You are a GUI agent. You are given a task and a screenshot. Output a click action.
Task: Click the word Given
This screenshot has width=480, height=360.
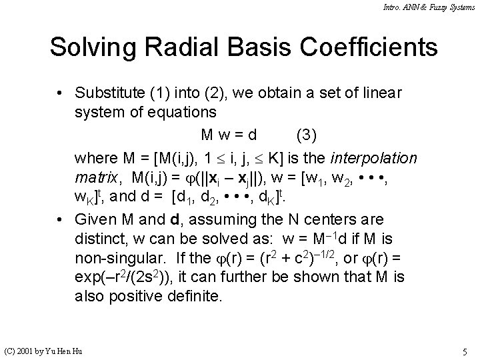96,218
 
